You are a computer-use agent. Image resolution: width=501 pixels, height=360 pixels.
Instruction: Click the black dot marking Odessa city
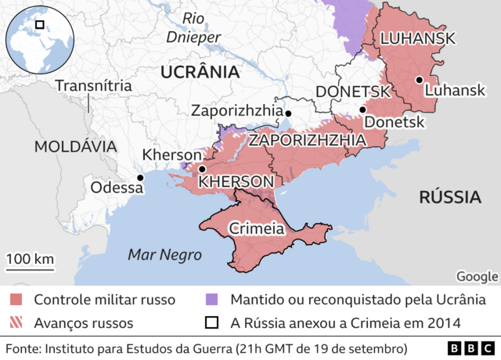point(141,178)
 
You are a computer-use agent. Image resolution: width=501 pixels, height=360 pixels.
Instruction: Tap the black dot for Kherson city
point(202,169)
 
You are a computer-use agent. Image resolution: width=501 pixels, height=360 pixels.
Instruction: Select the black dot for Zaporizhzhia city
point(288,114)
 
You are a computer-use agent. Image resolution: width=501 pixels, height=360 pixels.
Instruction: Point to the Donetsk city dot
point(362,110)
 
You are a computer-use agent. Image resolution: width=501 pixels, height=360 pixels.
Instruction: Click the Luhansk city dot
point(420,79)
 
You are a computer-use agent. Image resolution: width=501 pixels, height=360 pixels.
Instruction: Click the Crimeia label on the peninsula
point(256,229)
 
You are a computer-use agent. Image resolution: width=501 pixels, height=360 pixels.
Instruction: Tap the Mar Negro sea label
point(165,254)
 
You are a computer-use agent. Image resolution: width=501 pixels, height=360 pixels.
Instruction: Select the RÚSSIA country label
point(449,196)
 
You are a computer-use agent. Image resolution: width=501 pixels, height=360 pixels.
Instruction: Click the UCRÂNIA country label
point(199,72)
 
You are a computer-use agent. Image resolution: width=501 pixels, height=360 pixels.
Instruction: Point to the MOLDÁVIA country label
point(75,146)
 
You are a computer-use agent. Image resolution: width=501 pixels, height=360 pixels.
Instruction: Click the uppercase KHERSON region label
point(236,182)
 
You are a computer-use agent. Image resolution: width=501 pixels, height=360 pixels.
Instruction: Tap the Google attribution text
point(477,275)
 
